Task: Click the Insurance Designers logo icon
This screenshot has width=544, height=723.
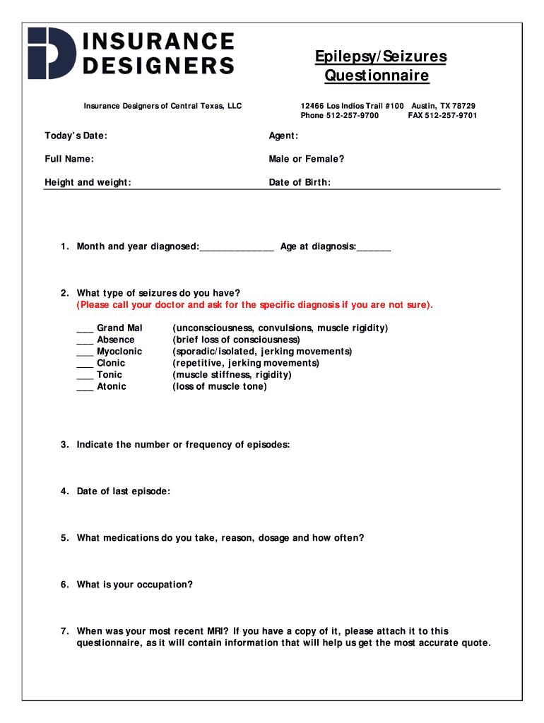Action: [51, 53]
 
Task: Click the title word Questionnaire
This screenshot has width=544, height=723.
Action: [377, 76]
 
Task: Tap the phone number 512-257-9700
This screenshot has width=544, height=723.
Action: [353, 115]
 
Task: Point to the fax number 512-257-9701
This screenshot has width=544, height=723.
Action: [451, 115]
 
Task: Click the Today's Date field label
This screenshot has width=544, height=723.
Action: [76, 136]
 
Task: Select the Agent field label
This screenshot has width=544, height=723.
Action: [283, 136]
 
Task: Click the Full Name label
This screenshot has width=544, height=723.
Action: [69, 159]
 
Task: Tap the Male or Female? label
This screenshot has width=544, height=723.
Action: [307, 159]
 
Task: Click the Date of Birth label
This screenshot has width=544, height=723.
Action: [300, 182]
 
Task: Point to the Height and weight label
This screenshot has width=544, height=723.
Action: [88, 182]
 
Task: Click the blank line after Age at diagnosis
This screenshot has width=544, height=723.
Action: [374, 247]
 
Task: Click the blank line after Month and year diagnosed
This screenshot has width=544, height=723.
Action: [237, 247]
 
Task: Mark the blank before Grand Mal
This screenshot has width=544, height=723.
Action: [85, 329]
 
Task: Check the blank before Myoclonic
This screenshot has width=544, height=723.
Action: [85, 352]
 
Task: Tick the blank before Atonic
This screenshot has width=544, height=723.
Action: [85, 388]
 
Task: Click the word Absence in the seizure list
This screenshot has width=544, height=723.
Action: [115, 340]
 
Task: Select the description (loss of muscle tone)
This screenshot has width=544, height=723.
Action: [220, 386]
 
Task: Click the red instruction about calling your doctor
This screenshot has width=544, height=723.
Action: [255, 305]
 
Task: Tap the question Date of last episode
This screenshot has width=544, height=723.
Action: [123, 491]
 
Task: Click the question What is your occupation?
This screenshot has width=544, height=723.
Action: [134, 585]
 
